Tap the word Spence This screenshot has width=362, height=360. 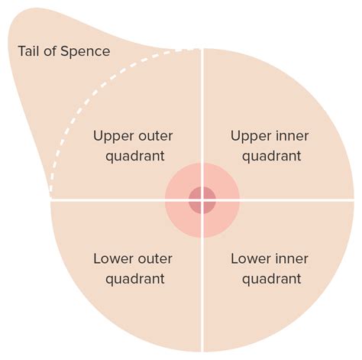86,51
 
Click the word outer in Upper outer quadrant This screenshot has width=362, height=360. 154,136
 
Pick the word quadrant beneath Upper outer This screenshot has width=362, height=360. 135,157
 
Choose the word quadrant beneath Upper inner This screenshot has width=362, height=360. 272,157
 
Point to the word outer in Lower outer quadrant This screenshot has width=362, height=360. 154,259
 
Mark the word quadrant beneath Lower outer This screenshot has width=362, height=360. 135,280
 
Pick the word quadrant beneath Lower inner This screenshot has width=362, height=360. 272,280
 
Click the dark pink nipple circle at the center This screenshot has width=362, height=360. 202,200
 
